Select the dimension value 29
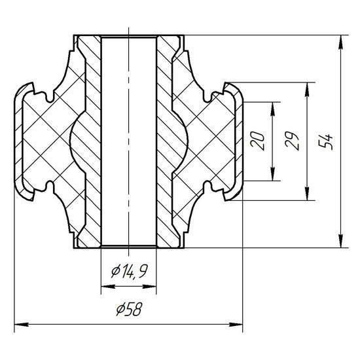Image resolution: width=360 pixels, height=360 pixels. pyautogui.click(x=292, y=141)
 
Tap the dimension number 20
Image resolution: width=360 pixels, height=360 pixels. pyautogui.click(x=257, y=141)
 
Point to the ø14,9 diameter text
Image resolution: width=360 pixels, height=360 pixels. pyautogui.click(x=129, y=271)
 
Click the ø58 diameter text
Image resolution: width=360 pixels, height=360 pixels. pyautogui.click(x=129, y=309)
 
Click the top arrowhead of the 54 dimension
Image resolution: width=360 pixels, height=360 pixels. pyautogui.click(x=341, y=43)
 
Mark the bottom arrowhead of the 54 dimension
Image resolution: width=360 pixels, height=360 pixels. pyautogui.click(x=341, y=241)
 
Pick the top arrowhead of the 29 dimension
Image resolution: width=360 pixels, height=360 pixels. pyautogui.click(x=307, y=90)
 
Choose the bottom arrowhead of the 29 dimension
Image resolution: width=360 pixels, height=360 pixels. pyautogui.click(x=307, y=194)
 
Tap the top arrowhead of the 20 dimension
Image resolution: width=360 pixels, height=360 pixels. pyautogui.click(x=272, y=109)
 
